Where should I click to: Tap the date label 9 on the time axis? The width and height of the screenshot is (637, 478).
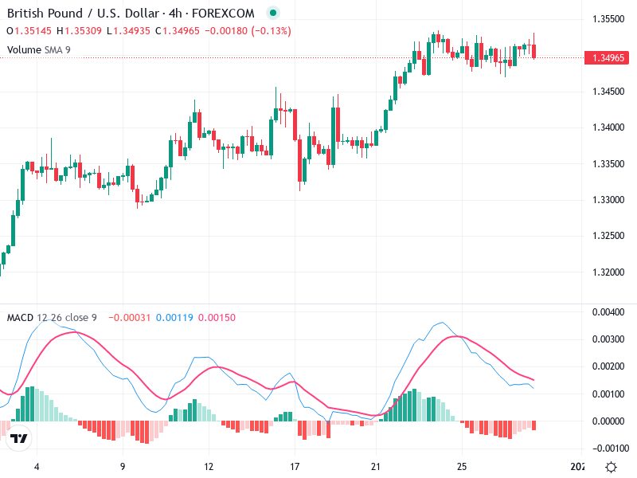point(122,467)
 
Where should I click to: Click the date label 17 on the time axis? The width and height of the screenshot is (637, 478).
point(295,467)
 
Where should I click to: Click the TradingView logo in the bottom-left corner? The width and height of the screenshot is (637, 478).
point(19,439)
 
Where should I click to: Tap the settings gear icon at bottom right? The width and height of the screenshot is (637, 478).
point(611,467)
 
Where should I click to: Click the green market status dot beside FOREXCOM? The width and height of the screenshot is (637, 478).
point(273,13)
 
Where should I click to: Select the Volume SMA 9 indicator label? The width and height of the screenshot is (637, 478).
point(39,49)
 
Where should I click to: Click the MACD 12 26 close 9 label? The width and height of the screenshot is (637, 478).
point(52,318)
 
